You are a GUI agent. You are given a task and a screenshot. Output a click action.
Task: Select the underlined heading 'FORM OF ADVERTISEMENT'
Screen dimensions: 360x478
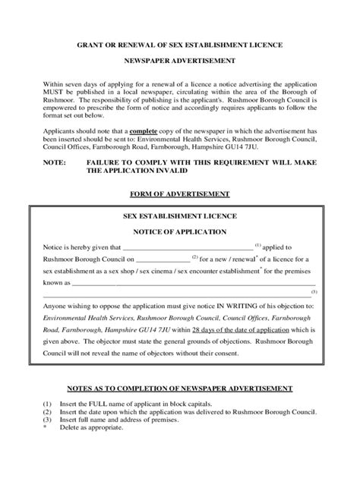(180, 193)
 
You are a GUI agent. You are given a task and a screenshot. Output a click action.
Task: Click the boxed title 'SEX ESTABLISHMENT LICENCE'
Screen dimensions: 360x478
(179, 216)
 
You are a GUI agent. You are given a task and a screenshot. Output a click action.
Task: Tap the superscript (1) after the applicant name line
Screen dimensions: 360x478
(258, 244)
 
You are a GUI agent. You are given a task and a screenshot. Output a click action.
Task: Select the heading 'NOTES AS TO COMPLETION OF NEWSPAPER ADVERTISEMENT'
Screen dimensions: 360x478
(180, 388)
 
